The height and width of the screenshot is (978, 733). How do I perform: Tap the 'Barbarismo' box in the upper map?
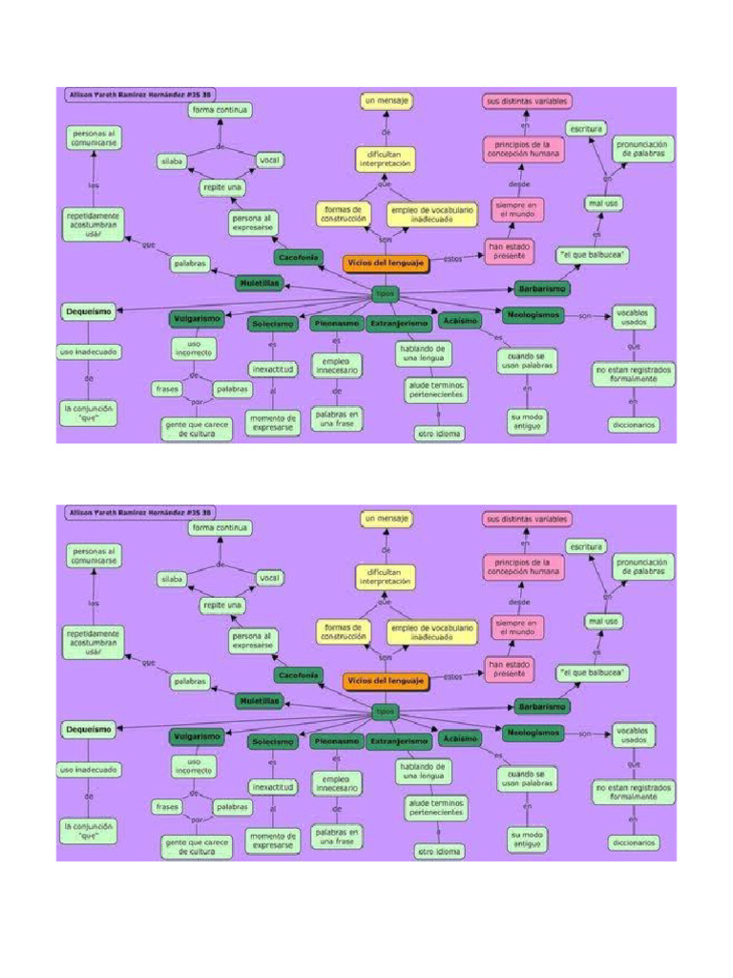542,287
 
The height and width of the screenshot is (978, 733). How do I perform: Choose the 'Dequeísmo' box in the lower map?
88,730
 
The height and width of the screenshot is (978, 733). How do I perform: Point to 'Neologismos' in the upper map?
533,314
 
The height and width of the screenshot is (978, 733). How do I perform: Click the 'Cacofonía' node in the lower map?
299,675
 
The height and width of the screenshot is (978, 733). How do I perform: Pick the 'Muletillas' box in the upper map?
260,283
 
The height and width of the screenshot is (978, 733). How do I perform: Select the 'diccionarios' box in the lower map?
634,843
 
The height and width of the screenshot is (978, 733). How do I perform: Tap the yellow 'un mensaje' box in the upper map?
387,99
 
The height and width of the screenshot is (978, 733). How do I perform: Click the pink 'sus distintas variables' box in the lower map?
528,519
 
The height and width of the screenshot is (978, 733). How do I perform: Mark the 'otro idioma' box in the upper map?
440,434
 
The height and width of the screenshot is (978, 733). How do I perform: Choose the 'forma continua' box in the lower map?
220,527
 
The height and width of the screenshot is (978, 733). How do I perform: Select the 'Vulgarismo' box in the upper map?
198,318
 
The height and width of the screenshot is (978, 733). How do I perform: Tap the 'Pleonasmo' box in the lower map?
336,741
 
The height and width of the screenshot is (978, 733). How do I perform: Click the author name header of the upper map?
139,95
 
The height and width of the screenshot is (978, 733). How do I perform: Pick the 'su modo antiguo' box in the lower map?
526,840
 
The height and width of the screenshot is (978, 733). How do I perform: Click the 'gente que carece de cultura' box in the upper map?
197,428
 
